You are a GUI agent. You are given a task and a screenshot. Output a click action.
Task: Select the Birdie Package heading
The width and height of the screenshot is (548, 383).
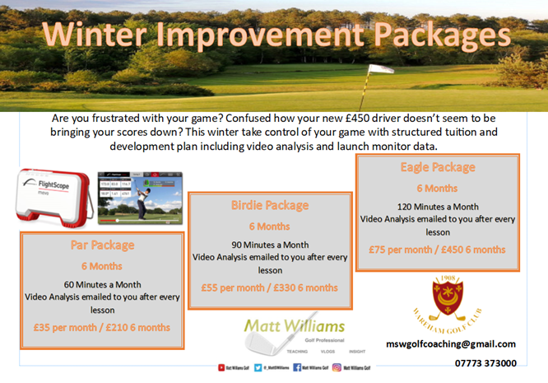click(270, 205)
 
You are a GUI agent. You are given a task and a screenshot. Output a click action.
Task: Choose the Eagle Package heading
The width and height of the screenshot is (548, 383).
click(437, 167)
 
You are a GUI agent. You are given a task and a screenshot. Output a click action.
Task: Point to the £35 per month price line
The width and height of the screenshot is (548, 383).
click(102, 327)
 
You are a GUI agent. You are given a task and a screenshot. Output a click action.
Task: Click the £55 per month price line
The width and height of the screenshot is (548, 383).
click(270, 287)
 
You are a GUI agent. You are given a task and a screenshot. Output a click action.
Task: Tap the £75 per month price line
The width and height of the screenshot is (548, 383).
click(437, 249)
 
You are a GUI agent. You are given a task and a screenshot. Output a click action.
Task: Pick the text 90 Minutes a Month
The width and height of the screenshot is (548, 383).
click(270, 245)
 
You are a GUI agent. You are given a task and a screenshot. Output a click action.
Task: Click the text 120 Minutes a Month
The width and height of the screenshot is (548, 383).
click(437, 207)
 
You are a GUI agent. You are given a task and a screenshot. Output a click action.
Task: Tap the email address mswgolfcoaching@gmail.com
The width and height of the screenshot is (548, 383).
click(451, 343)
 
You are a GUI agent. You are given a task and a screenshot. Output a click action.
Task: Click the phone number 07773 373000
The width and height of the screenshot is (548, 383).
click(485, 362)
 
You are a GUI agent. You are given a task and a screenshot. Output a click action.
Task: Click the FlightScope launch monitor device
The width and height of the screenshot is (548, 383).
click(51, 198)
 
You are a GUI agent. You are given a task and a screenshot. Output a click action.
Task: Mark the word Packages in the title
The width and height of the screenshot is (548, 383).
click(429, 35)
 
